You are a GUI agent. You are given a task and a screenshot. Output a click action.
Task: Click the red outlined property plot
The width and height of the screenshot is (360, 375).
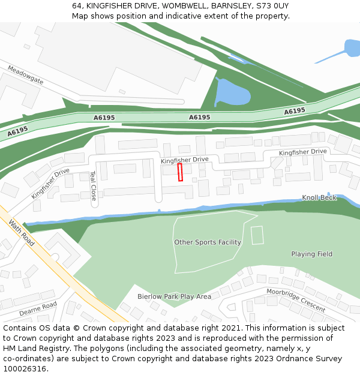(180, 172)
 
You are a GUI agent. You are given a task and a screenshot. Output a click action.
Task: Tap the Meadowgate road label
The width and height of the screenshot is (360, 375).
(25, 76)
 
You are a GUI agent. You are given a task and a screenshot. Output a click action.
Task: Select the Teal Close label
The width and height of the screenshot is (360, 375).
(93, 185)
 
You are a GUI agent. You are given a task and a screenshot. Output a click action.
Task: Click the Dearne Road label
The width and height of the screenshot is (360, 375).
(38, 309)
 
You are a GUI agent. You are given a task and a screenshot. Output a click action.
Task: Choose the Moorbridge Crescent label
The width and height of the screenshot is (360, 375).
(296, 300)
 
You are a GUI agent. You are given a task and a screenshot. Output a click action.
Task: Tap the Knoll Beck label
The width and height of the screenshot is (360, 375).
(319, 197)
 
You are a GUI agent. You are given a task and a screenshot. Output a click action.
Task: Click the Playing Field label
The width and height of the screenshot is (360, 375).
(311, 254)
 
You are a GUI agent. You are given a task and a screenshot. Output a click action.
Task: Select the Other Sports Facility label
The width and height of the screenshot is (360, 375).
(208, 242)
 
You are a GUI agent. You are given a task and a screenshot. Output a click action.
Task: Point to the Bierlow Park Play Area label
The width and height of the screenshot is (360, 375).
(174, 296)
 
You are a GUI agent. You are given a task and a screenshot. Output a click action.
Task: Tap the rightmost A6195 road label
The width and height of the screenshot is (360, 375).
(295, 111)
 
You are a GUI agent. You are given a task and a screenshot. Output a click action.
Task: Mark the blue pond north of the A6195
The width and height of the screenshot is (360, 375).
(231, 93)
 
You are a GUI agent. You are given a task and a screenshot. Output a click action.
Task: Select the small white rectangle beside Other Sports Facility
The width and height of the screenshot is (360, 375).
(257, 235)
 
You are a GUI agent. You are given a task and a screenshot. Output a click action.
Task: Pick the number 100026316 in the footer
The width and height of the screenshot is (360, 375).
(25, 368)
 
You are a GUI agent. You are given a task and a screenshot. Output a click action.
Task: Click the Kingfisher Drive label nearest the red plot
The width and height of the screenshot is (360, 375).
(184, 160)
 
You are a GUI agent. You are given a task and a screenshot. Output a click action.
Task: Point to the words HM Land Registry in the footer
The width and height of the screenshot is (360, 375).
(35, 348)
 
